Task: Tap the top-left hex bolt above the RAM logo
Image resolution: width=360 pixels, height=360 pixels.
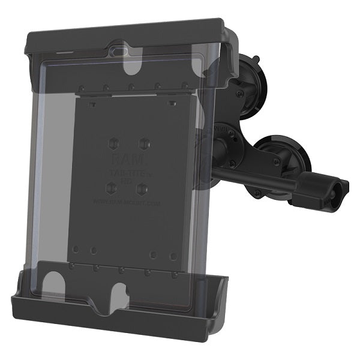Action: pyautogui.click(x=115, y=145)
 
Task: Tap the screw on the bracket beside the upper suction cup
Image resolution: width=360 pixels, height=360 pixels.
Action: pyautogui.click(x=238, y=95)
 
